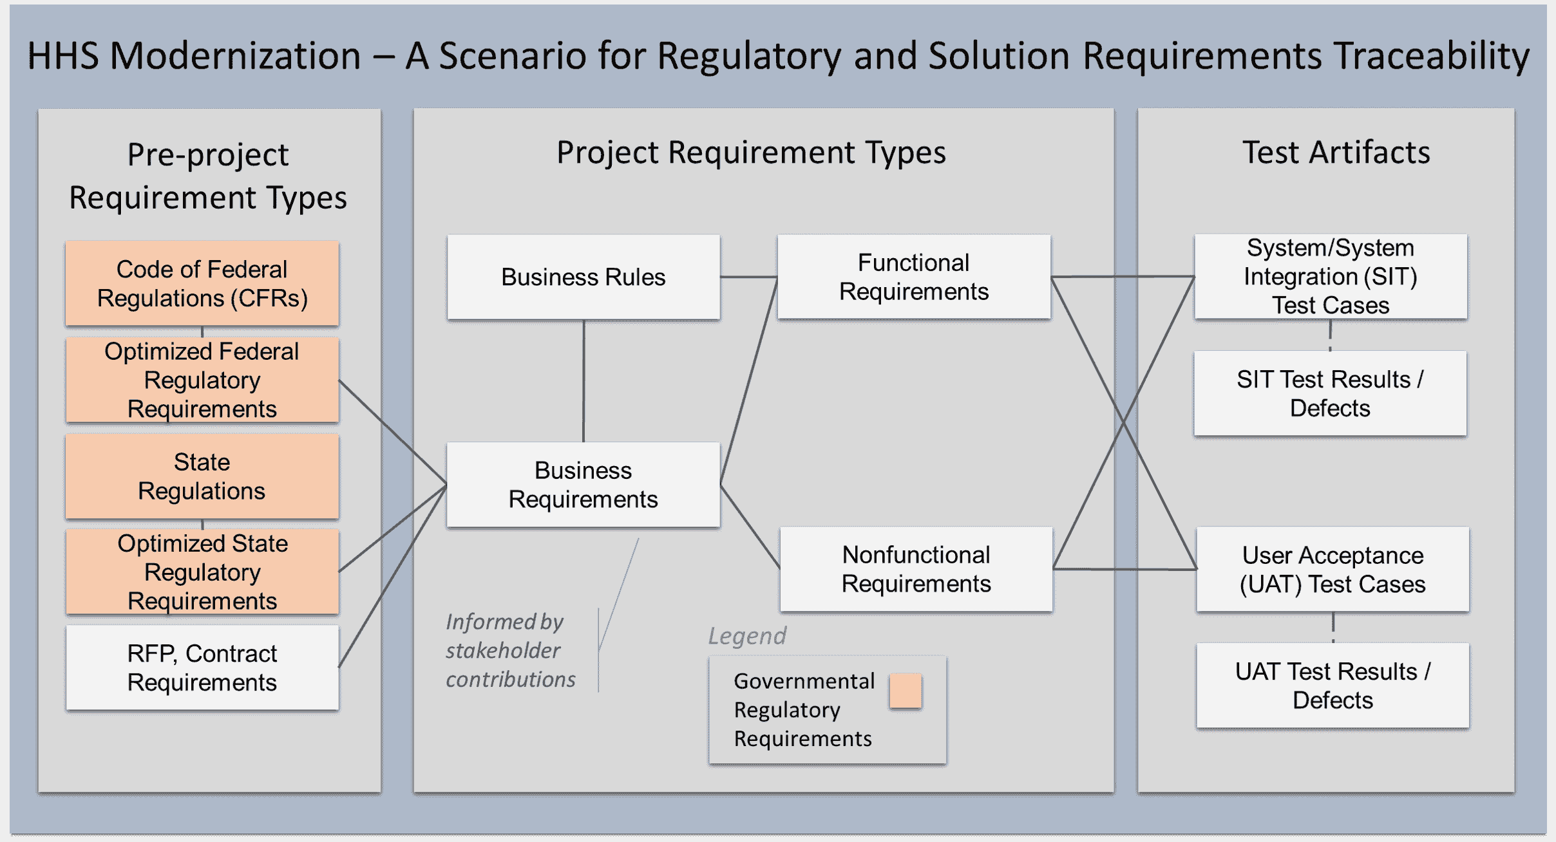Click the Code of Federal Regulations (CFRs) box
click(202, 284)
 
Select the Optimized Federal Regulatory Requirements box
click(202, 380)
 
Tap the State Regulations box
click(202, 476)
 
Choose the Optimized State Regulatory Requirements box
click(202, 572)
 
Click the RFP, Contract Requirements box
click(202, 668)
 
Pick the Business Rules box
click(583, 277)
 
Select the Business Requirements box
click(583, 485)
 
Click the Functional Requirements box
click(913, 277)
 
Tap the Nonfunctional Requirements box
click(916, 569)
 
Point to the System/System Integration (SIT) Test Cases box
click(1331, 277)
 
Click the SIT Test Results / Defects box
click(1331, 393)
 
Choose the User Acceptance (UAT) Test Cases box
click(1333, 569)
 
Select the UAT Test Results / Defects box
click(1333, 685)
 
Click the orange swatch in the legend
click(906, 691)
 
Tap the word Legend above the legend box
click(747, 636)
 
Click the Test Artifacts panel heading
click(1336, 153)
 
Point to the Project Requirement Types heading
click(751, 153)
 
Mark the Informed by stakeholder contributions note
click(510, 650)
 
